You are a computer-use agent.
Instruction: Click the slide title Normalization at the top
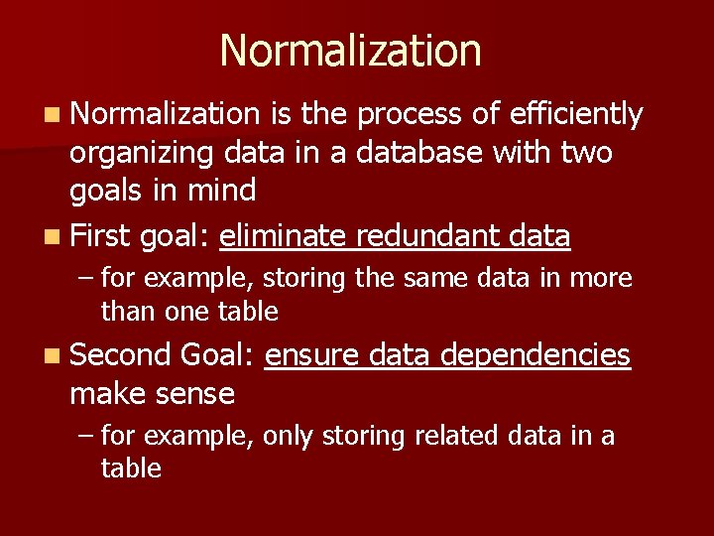pyautogui.click(x=350, y=51)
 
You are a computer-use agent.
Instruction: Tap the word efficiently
pyautogui.click(x=575, y=115)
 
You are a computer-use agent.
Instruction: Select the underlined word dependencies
pyautogui.click(x=535, y=355)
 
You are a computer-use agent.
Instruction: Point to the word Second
pyautogui.click(x=120, y=355)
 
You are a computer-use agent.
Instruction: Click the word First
pyautogui.click(x=101, y=236)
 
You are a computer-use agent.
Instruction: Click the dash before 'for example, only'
pyautogui.click(x=86, y=436)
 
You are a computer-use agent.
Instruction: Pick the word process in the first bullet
pyautogui.click(x=409, y=116)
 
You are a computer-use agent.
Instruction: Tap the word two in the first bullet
pyautogui.click(x=586, y=153)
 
